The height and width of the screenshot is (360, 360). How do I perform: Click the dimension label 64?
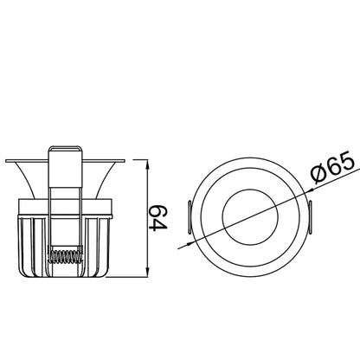[158, 217]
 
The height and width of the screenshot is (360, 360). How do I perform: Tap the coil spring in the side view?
[66, 255]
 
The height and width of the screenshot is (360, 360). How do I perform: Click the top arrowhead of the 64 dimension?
[148, 165]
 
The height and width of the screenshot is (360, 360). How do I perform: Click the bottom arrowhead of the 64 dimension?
[148, 272]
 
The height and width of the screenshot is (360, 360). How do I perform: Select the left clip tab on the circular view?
[190, 217]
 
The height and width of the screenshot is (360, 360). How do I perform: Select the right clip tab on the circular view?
[311, 217]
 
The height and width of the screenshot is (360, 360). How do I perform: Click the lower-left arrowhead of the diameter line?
[190, 244]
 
